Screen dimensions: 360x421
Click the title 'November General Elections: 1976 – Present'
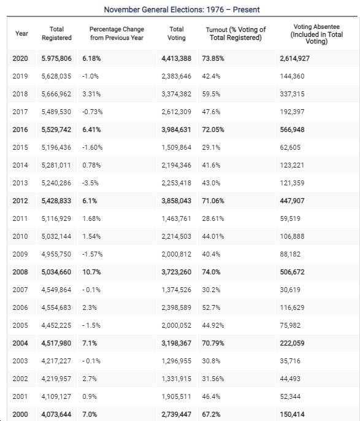tap(182, 10)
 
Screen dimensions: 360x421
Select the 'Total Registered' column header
tap(56, 33)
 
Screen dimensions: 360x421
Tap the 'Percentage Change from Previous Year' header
tap(117, 33)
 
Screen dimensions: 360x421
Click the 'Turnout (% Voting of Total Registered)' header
tap(236, 34)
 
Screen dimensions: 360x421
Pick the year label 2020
tap(20, 58)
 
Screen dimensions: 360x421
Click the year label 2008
tap(20, 272)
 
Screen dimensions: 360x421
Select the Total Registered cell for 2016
tap(56, 129)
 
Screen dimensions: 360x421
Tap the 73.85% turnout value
tap(213, 58)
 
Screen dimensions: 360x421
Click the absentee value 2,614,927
tap(294, 58)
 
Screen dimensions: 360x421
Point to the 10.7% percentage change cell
tap(91, 272)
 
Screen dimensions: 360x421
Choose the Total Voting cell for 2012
tap(176, 201)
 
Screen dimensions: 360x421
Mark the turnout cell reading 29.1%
tap(211, 147)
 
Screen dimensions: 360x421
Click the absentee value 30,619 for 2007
tap(290, 290)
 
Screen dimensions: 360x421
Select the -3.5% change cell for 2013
tap(90, 183)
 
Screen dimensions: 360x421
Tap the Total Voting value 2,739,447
tap(176, 414)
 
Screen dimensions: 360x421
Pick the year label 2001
tap(20, 396)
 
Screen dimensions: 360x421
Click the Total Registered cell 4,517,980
tap(56, 343)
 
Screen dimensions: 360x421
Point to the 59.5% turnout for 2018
tap(211, 94)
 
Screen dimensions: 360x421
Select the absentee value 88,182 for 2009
tap(290, 254)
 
